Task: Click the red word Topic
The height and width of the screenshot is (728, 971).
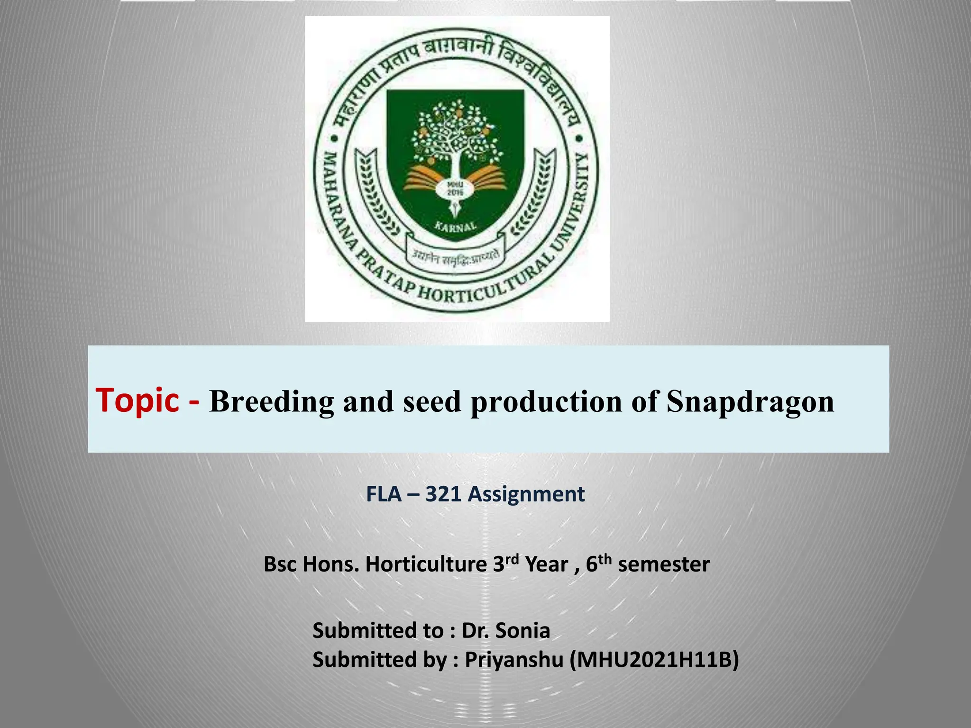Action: tap(137, 400)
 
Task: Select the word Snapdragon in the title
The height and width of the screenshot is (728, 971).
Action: tap(750, 401)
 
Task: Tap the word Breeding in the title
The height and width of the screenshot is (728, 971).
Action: tap(272, 401)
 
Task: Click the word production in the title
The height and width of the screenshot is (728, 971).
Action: tap(546, 402)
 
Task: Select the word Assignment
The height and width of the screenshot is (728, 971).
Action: tap(526, 494)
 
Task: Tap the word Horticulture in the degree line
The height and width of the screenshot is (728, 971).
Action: tap(426, 564)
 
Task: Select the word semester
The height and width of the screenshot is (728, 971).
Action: tap(664, 564)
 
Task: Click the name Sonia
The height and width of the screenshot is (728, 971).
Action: tap(522, 631)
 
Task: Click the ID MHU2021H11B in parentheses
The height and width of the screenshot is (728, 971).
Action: tap(654, 660)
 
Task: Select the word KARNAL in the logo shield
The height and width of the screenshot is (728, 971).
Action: tap(456, 226)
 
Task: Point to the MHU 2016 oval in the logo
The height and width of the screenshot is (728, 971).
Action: tap(456, 189)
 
